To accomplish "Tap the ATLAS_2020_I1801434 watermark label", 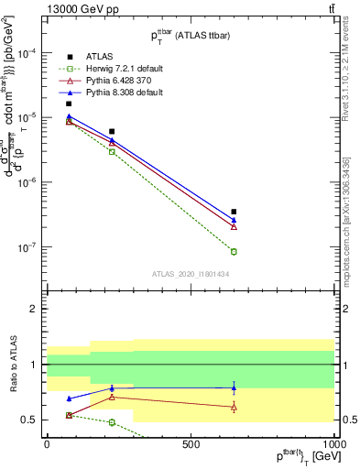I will click(191, 274).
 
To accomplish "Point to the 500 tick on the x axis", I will click(191, 443).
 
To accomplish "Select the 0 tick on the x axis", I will click(47, 443).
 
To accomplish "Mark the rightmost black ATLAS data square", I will click(234, 212).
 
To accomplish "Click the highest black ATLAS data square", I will click(69, 104).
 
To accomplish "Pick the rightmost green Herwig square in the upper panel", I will click(234, 252).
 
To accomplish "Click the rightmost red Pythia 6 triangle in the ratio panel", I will click(234, 407).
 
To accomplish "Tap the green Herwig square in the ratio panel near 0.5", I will click(112, 422).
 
